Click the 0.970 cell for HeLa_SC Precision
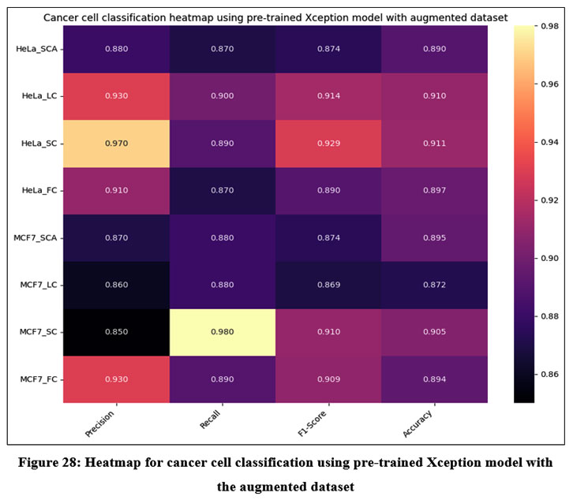click(115, 144)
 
